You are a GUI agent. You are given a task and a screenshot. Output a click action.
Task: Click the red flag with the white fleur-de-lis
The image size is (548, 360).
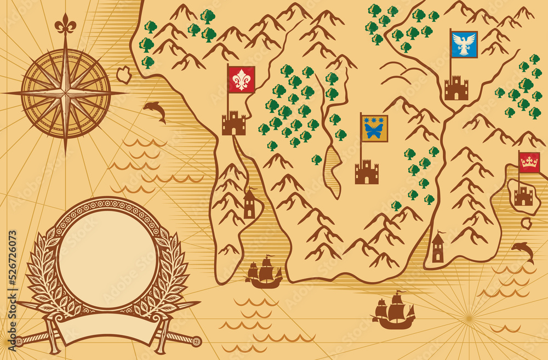pos(242,79)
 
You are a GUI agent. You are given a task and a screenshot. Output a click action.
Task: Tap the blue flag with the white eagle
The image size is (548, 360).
pos(464,44)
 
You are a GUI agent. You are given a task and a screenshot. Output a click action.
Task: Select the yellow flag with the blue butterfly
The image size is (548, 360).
pos(375,129)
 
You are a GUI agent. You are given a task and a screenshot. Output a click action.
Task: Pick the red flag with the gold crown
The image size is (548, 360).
pos(529,163)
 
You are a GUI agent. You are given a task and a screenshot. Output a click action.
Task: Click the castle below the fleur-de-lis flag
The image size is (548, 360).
pos(234,123)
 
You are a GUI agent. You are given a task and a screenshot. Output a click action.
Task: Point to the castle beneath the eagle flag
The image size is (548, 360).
pos(456,89)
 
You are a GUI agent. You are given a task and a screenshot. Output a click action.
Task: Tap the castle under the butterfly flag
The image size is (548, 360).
pos(367,173)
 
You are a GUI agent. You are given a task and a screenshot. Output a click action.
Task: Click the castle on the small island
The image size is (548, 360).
pos(523,196)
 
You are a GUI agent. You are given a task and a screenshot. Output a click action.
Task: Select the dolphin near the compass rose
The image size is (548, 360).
pos(155,111)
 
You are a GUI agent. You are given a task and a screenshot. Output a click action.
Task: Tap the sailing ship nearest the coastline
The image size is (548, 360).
pos(264,272)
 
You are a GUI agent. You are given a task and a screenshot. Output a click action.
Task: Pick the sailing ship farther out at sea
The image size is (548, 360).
pos(394,313)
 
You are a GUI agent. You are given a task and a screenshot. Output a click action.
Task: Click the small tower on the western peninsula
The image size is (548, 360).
pos(249,204)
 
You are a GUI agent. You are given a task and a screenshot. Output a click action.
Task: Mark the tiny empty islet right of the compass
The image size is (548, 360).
pos(124,75)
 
